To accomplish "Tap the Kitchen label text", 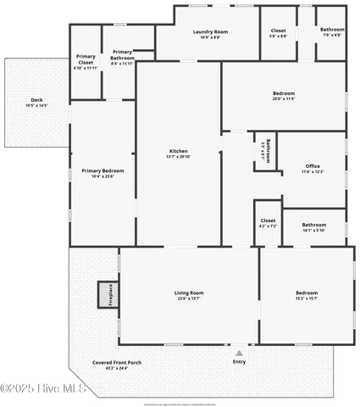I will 178,152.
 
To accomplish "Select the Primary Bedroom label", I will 102,170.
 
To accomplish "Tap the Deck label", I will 36,100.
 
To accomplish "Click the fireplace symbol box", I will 106,293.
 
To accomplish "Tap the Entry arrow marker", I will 239,352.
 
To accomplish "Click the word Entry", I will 239,362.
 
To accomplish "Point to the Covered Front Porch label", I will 117,362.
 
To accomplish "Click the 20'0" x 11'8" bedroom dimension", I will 283,98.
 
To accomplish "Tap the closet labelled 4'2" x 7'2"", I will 268,223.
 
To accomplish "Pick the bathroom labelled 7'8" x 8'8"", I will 331,32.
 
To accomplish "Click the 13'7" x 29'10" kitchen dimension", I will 178,157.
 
